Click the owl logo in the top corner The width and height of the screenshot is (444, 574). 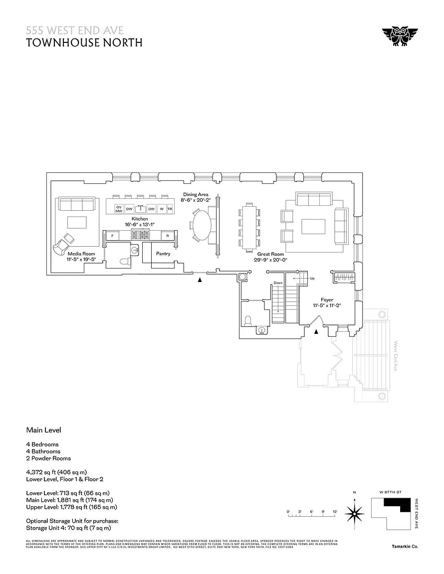[400, 37]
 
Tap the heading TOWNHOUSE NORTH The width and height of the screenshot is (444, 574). [84, 42]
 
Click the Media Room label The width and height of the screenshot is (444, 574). [81, 257]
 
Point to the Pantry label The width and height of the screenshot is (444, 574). [163, 254]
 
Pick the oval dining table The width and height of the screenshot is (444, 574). [203, 226]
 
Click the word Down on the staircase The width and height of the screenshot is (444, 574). [278, 283]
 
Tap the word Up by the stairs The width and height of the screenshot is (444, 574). [312, 278]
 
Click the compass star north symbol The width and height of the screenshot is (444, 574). [355, 512]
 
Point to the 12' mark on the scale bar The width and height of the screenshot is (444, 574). [335, 512]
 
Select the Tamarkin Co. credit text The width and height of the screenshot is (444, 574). [405, 547]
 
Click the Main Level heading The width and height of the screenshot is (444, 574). [43, 430]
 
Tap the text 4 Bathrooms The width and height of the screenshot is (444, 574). [43, 451]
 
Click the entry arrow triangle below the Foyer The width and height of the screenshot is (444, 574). [316, 332]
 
